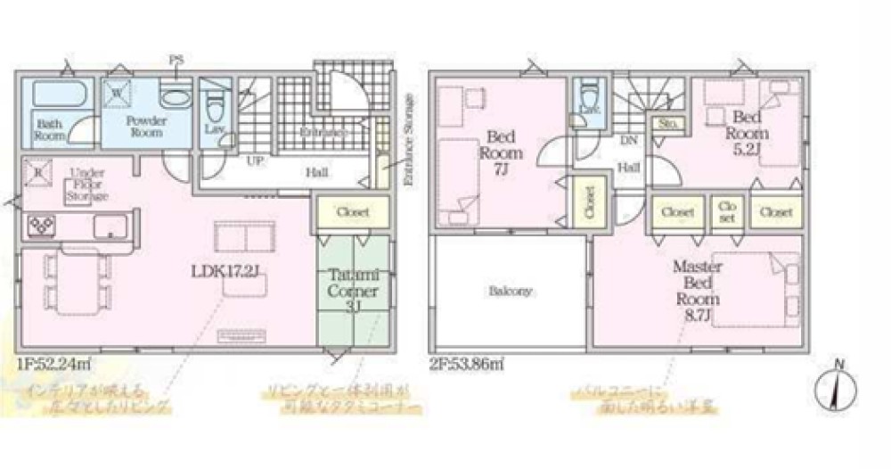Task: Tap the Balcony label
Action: (510, 291)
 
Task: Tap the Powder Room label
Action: (143, 126)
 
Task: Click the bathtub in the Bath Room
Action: (58, 94)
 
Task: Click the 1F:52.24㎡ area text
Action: (55, 364)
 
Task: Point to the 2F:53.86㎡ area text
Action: (468, 364)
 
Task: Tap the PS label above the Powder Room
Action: (175, 61)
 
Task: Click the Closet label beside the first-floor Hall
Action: (353, 211)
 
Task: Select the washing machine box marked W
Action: (117, 91)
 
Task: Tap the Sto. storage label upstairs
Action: (666, 124)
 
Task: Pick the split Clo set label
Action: (727, 211)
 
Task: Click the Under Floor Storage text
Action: (88, 184)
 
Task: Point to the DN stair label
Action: (627, 140)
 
